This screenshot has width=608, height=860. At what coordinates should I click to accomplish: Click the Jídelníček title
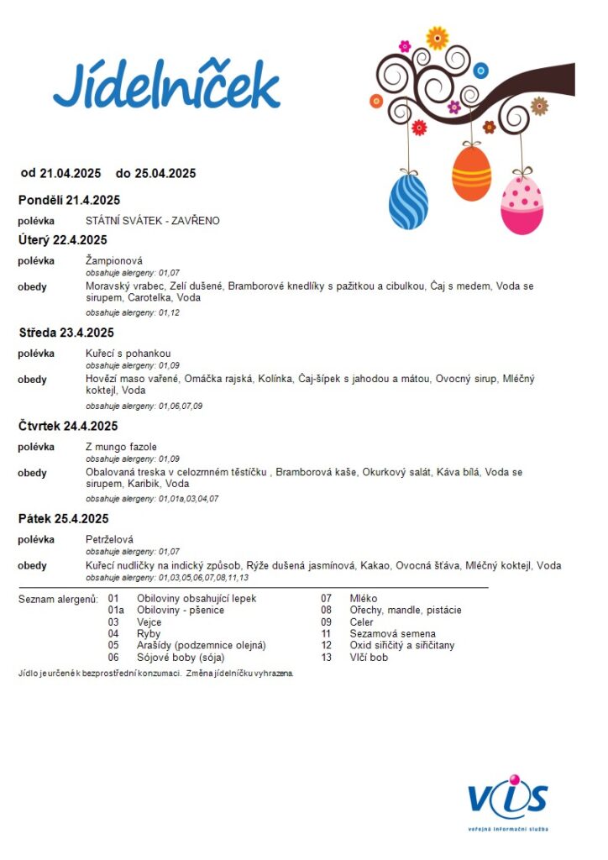[166, 87]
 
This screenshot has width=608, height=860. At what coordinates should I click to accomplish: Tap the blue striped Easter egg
[408, 202]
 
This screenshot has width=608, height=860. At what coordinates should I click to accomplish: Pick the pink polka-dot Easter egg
[522, 206]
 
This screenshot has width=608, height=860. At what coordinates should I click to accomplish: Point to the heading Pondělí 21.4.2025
[69, 200]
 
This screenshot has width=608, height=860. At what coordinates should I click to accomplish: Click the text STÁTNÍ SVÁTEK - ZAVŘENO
[152, 221]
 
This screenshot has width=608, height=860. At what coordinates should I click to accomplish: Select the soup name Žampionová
[113, 261]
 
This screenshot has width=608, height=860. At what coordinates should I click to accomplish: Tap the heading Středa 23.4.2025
[66, 333]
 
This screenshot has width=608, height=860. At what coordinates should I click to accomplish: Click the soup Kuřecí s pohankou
[128, 354]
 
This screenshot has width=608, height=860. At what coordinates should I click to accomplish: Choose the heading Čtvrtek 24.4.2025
[68, 426]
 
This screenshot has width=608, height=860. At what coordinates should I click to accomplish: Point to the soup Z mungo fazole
[121, 447]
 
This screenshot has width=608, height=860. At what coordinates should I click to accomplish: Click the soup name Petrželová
[109, 539]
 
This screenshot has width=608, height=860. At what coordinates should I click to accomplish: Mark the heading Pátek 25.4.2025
[64, 518]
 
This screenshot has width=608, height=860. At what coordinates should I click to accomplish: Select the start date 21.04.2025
[70, 174]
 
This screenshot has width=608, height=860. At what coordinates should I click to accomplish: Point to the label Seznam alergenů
[57, 598]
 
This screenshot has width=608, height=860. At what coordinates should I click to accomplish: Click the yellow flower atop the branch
[437, 38]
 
